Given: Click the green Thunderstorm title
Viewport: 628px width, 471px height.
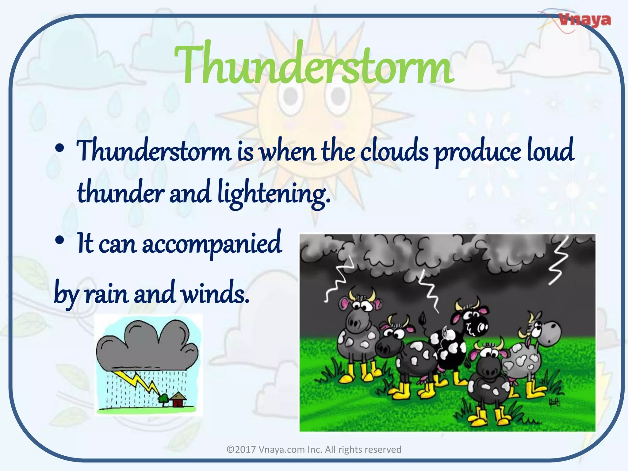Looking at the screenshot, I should [313, 64].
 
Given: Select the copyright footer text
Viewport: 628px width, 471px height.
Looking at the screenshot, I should [314, 450].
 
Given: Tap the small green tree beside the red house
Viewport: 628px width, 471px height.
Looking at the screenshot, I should [163, 399].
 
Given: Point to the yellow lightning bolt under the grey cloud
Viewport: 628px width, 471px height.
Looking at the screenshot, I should [140, 383].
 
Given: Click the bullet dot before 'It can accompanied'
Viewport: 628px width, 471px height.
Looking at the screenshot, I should [60, 240].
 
